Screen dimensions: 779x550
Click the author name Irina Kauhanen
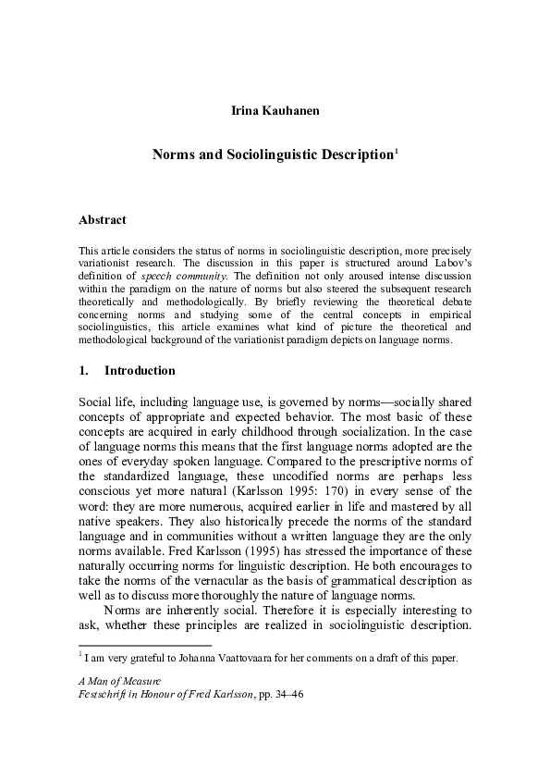[275, 112]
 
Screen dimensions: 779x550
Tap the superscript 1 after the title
[397, 152]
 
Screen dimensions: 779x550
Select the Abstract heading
[103, 220]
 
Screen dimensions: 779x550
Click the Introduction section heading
[140, 371]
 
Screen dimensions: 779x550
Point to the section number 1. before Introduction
[84, 371]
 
